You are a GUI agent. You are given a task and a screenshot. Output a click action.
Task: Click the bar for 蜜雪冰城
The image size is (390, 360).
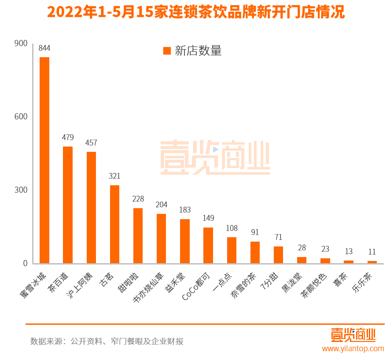click(44, 160)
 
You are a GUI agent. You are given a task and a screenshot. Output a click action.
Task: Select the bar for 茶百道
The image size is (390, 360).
click(68, 205)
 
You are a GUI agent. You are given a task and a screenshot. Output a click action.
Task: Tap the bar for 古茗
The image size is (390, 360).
click(114, 224)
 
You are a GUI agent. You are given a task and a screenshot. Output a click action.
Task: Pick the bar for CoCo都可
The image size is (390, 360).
click(208, 245)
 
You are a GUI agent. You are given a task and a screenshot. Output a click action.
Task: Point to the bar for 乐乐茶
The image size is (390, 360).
click(372, 262)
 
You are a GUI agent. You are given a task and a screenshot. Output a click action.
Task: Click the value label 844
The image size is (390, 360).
click(44, 48)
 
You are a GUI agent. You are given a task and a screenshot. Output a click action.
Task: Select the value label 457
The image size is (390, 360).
click(91, 143)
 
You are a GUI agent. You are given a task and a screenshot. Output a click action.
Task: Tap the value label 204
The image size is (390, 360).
click(162, 205)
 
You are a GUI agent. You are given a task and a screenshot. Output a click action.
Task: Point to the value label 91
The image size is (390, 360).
click(255, 232)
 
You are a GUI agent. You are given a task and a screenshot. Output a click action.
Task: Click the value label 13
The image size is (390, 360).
click(349, 251)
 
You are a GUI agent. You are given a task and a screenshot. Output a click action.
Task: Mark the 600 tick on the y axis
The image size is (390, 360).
click(21, 117)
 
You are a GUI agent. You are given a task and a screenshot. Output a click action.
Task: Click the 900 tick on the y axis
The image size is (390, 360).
click(21, 43)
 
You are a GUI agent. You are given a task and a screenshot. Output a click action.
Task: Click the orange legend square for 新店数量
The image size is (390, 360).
click(167, 51)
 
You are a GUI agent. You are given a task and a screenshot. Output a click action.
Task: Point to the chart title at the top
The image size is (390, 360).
click(195, 12)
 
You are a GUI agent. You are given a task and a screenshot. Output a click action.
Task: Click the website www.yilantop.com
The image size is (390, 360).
click(353, 349)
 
